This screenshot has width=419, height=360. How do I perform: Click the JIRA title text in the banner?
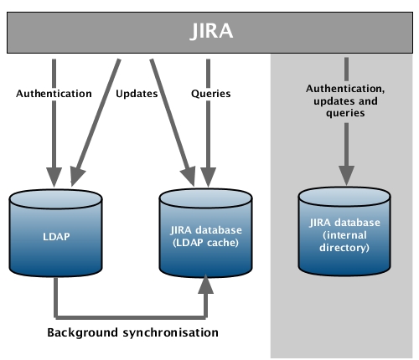pyautogui.click(x=211, y=31)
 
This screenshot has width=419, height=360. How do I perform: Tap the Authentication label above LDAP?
pyautogui.click(x=54, y=94)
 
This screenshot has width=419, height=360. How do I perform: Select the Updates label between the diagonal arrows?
pyautogui.click(x=137, y=94)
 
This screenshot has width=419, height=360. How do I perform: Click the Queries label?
pyautogui.click(x=211, y=94)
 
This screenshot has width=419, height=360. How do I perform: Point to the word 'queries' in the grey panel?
pyautogui.click(x=345, y=113)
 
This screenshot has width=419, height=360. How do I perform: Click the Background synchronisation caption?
pyautogui.click(x=132, y=332)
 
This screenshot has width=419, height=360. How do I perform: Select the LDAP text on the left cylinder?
pyautogui.click(x=56, y=237)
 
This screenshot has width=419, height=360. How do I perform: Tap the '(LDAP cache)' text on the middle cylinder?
pyautogui.click(x=205, y=243)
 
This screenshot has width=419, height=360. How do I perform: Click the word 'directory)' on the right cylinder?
pyautogui.click(x=344, y=248)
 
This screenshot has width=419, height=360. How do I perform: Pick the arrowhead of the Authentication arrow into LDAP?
pyautogui.click(x=54, y=177)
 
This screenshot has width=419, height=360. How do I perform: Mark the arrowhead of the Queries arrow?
pyautogui.click(x=208, y=177)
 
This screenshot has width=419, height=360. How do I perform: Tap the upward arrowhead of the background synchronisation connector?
pyautogui.click(x=206, y=284)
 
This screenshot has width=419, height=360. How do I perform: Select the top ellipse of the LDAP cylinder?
pyautogui.click(x=55, y=199)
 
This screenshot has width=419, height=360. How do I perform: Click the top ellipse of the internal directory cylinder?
pyautogui.click(x=344, y=197)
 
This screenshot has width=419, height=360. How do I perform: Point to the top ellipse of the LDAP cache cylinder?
pyautogui.click(x=205, y=198)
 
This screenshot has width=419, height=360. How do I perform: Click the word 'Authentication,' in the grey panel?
pyautogui.click(x=345, y=89)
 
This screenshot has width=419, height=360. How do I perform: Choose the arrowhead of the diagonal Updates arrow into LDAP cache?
pyautogui.click(x=189, y=177)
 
